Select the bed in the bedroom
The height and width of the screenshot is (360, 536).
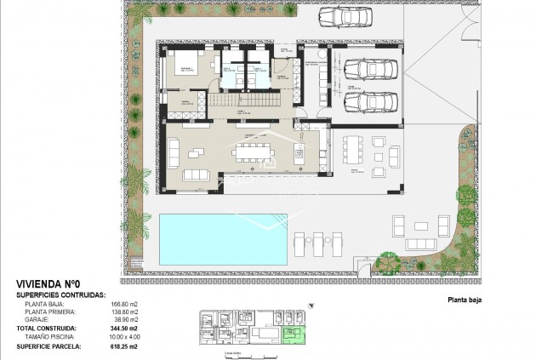click(x=189, y=66)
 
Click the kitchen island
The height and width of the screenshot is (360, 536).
click(x=299, y=154)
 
